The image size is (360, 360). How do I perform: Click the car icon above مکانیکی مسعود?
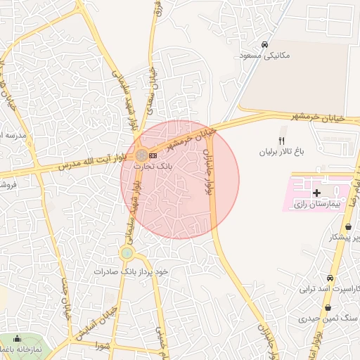(x=265, y=41)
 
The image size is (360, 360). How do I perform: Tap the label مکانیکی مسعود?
(x=264, y=54)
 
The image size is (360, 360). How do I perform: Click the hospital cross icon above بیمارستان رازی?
(x=316, y=192)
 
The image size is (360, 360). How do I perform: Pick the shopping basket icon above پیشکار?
(x=349, y=226)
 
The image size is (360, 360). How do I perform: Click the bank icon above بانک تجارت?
(x=153, y=155)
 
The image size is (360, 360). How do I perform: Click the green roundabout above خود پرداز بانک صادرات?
(x=127, y=253)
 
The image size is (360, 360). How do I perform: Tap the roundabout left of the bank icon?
(x=141, y=154)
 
